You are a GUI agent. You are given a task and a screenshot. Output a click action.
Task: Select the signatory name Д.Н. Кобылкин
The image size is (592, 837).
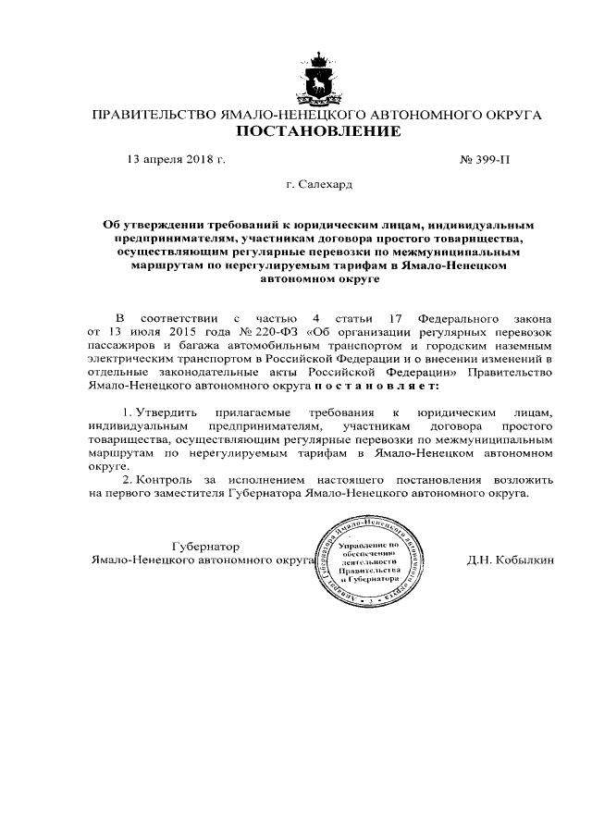(x=512, y=560)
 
